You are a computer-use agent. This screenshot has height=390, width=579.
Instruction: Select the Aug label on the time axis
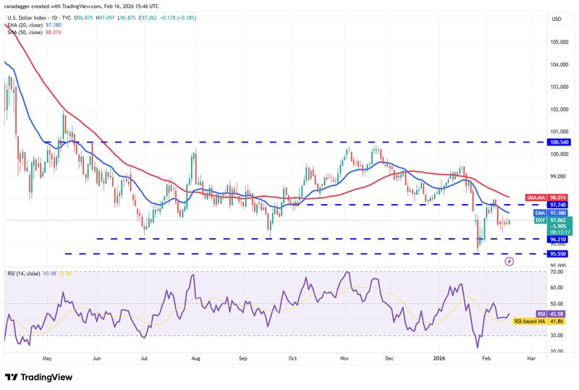coord(196,357)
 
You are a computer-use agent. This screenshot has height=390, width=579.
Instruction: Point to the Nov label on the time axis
coord(345,357)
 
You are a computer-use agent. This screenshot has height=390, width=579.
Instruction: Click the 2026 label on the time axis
coord(439,357)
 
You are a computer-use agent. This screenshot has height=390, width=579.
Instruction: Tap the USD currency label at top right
coord(556,19)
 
